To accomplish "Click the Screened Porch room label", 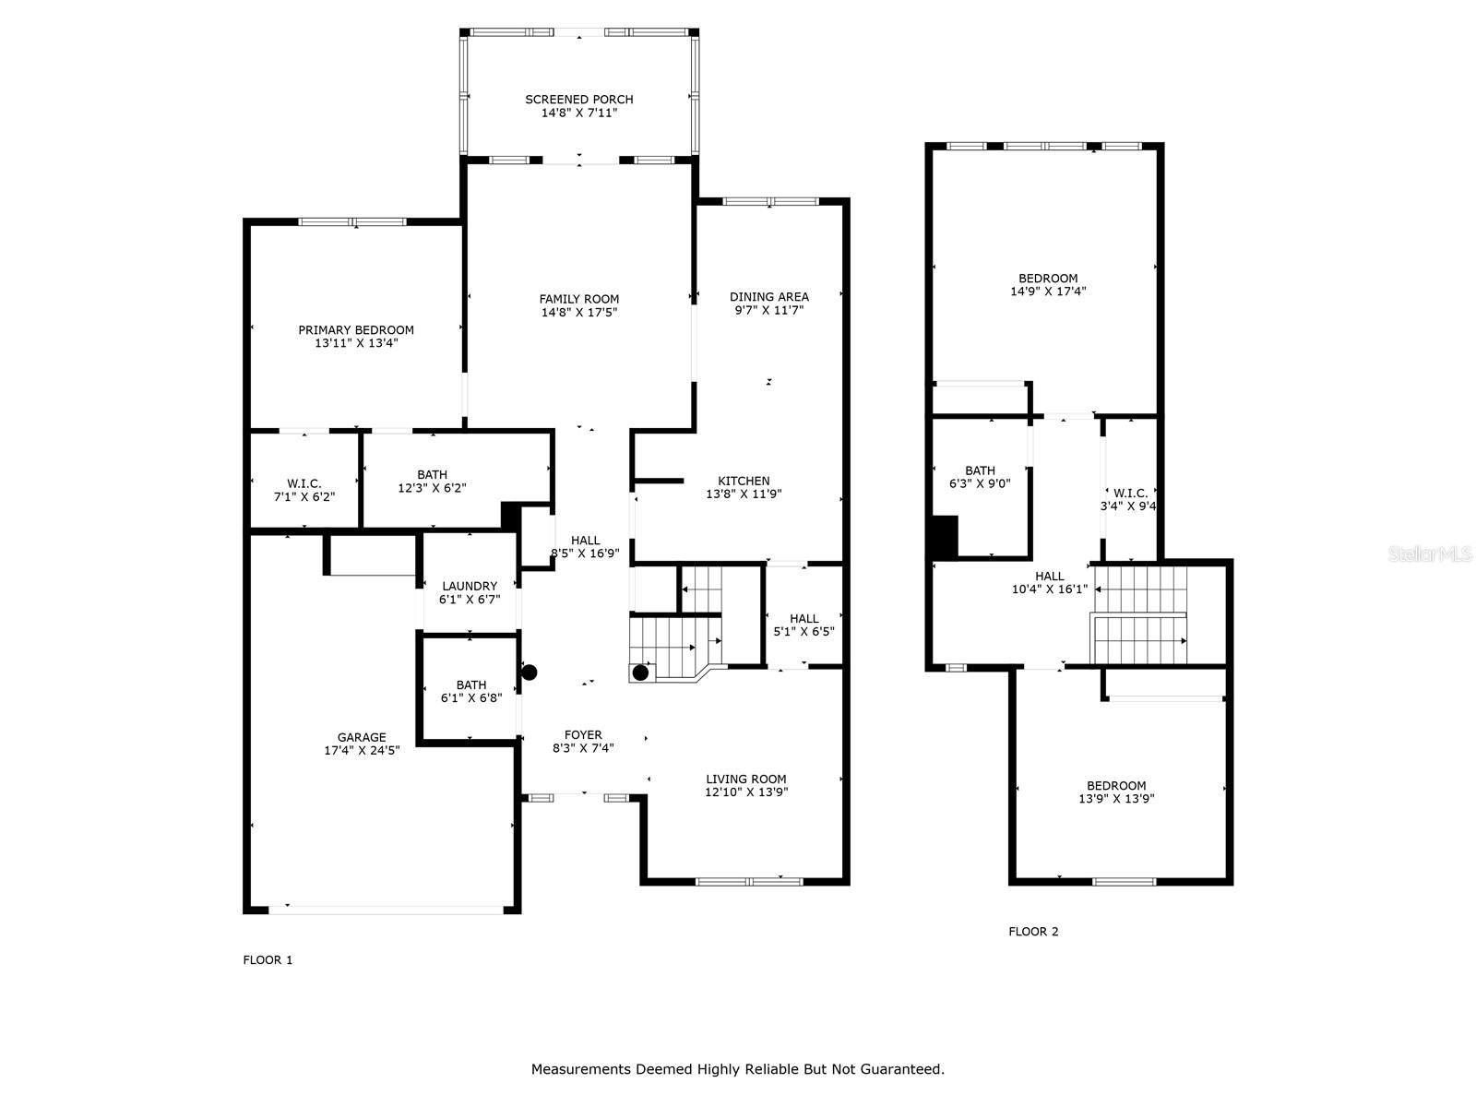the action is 579,100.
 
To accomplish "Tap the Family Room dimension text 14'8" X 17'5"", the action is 579,313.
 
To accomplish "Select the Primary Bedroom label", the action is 356,330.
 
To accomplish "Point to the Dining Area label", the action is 769,296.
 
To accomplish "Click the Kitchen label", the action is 744,481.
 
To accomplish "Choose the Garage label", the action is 362,737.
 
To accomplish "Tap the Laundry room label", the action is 470,586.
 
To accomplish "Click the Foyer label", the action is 583,734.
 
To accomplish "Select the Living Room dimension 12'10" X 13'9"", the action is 746,792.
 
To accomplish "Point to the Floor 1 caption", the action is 268,959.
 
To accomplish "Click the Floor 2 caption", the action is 1033,932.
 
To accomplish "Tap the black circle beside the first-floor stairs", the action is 640,673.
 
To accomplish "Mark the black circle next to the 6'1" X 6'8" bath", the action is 530,673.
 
